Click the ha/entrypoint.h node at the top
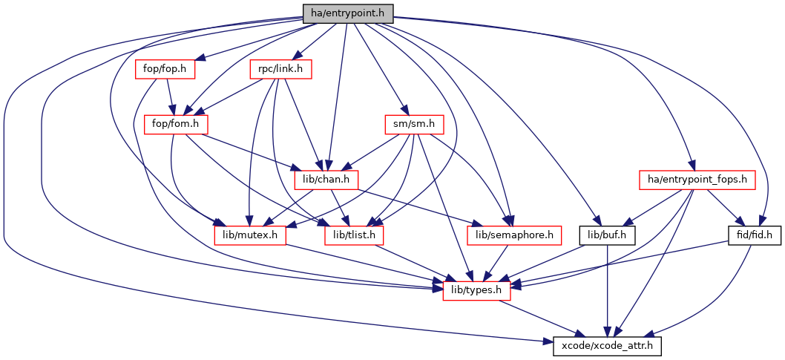[347, 13]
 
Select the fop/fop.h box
[165, 69]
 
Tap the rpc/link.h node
[280, 69]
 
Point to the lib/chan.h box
[326, 180]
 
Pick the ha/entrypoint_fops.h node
[697, 180]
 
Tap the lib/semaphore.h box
[510, 235]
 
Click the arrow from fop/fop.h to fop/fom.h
[171, 96]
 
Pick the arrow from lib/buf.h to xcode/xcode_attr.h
[608, 289]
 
